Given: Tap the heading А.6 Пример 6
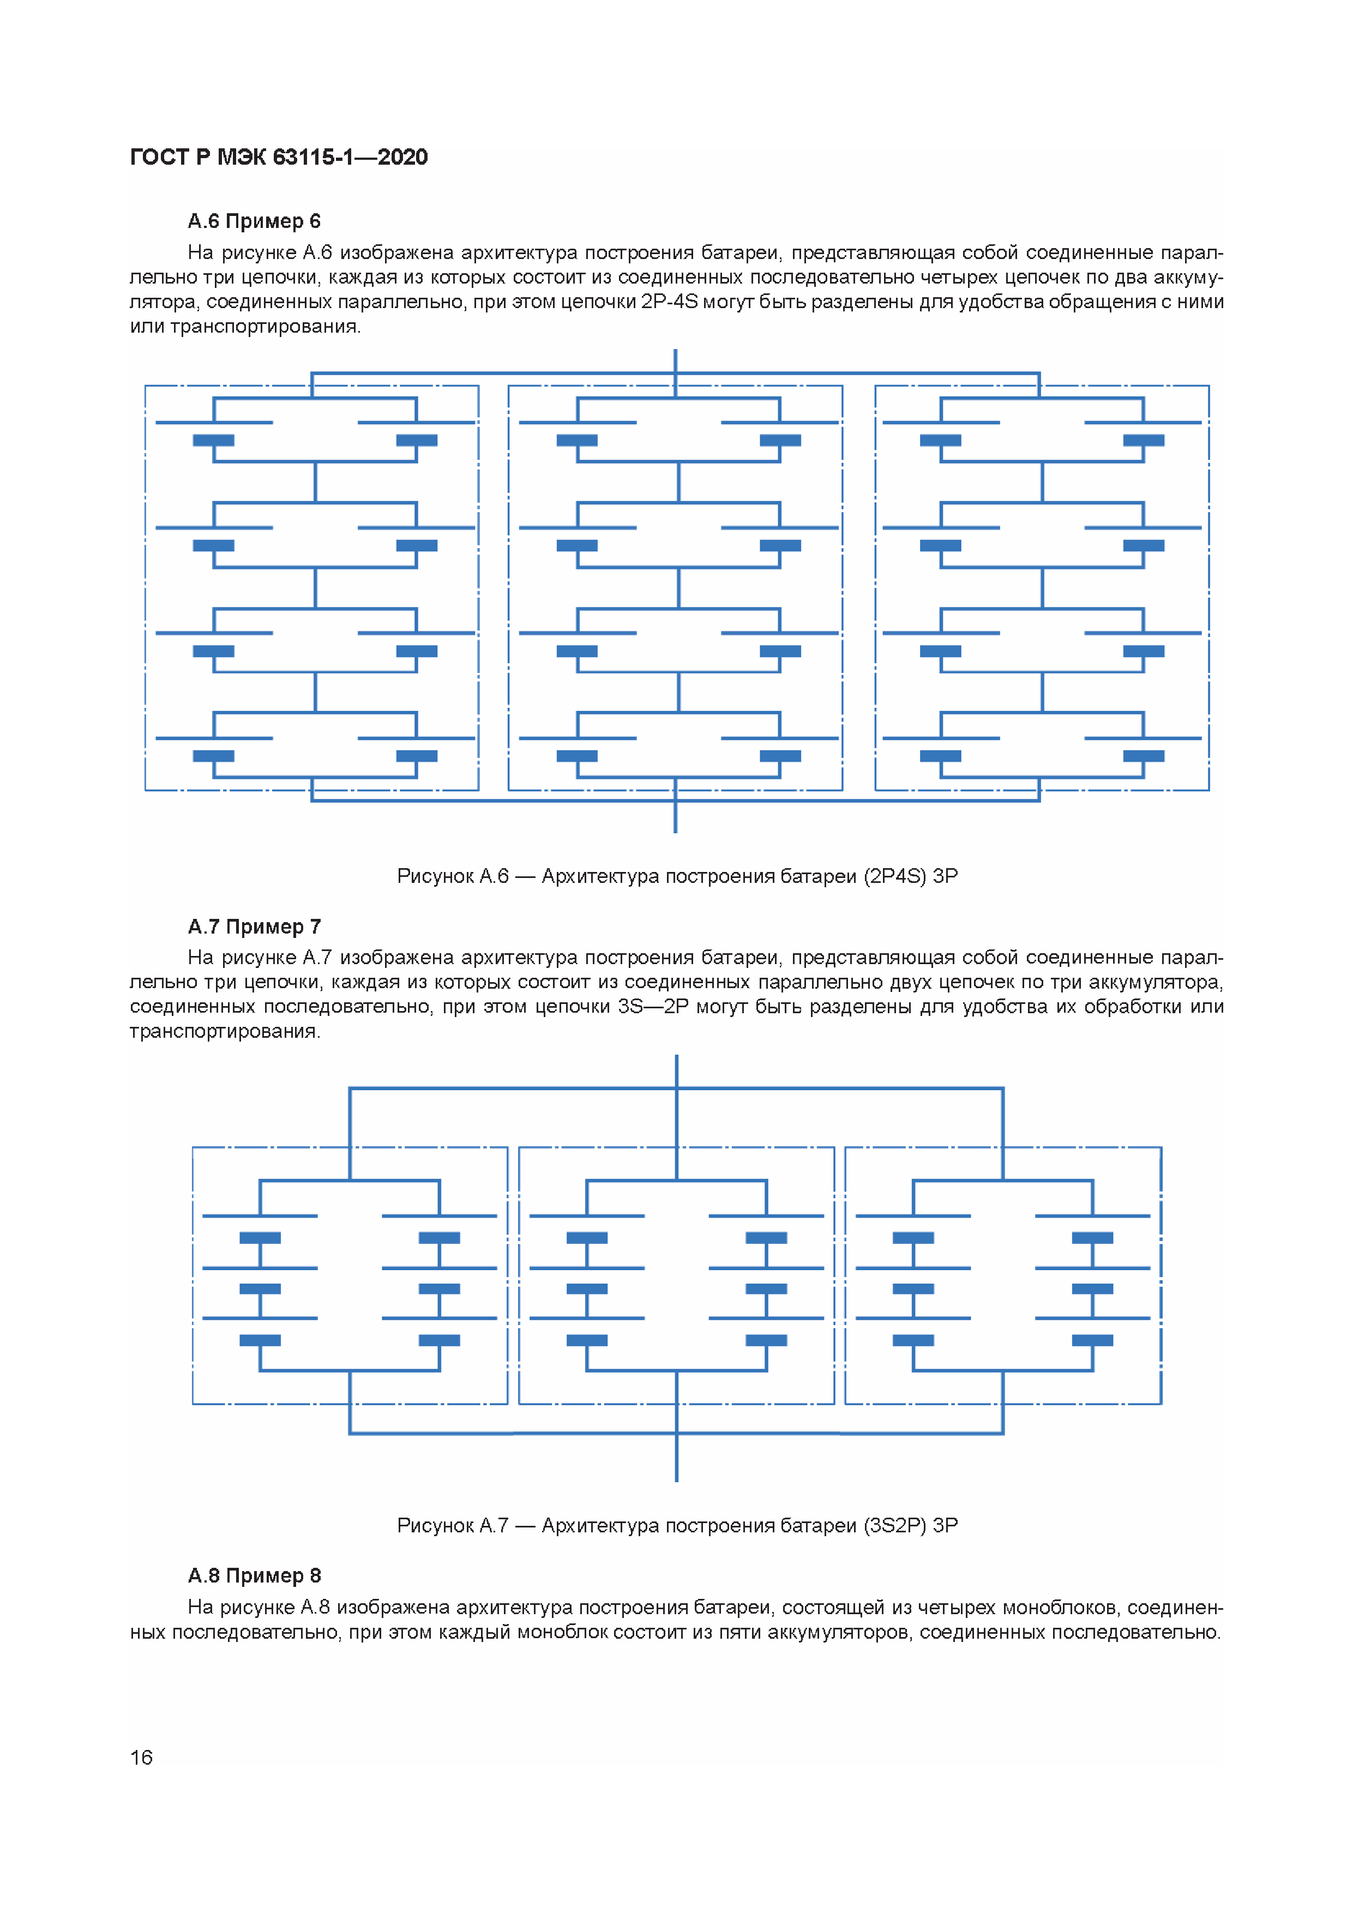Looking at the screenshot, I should click(x=254, y=221).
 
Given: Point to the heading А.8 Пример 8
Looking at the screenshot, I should click(x=254, y=1575).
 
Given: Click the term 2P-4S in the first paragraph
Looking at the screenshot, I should click(x=669, y=302).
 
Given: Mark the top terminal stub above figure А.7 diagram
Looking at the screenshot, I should click(x=676, y=1070).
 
